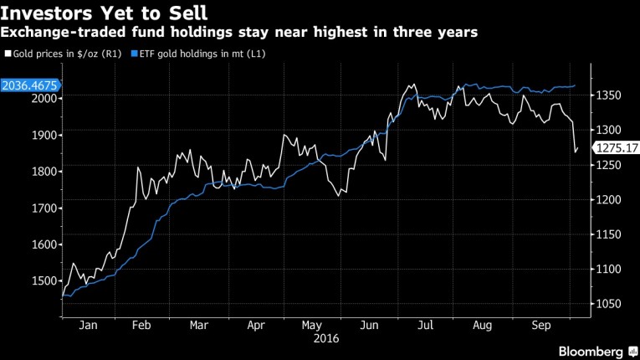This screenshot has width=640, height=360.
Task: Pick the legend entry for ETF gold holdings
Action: tap(182, 53)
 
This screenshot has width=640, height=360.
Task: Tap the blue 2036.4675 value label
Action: tap(29, 85)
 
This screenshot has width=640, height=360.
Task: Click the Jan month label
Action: tap(86, 326)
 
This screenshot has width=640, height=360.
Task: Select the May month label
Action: tap(312, 326)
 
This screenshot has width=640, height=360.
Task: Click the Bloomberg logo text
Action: tap(590, 350)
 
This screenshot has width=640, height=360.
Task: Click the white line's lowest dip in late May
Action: tap(338, 196)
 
